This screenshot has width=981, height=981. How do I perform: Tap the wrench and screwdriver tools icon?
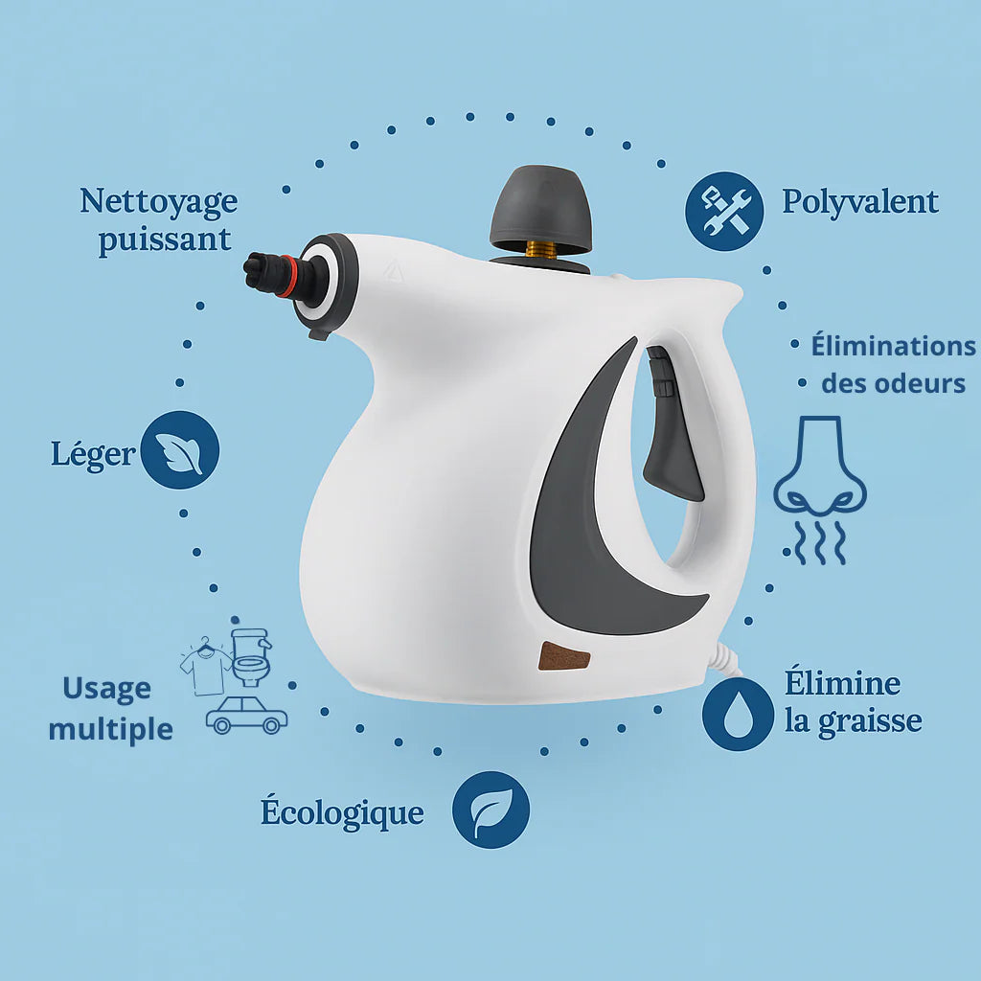coord(724,212)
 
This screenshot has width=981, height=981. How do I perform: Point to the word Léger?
coord(93,453)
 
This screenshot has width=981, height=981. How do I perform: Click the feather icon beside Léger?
coord(179,450)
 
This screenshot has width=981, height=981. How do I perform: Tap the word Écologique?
coord(342,811)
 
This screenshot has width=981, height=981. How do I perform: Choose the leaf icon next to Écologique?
coord(491,810)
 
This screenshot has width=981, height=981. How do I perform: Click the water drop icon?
coord(739,714)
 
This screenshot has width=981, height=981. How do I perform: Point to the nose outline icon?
coord(820,490)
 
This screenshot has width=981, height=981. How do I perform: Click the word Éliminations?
coord(894,345)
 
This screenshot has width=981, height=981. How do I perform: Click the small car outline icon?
coord(247,715)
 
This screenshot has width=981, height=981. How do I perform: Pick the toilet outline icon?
coord(252,657)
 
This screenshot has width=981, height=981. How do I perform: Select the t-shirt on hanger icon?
coord(205,667)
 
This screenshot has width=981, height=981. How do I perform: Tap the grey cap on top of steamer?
coord(540,209)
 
